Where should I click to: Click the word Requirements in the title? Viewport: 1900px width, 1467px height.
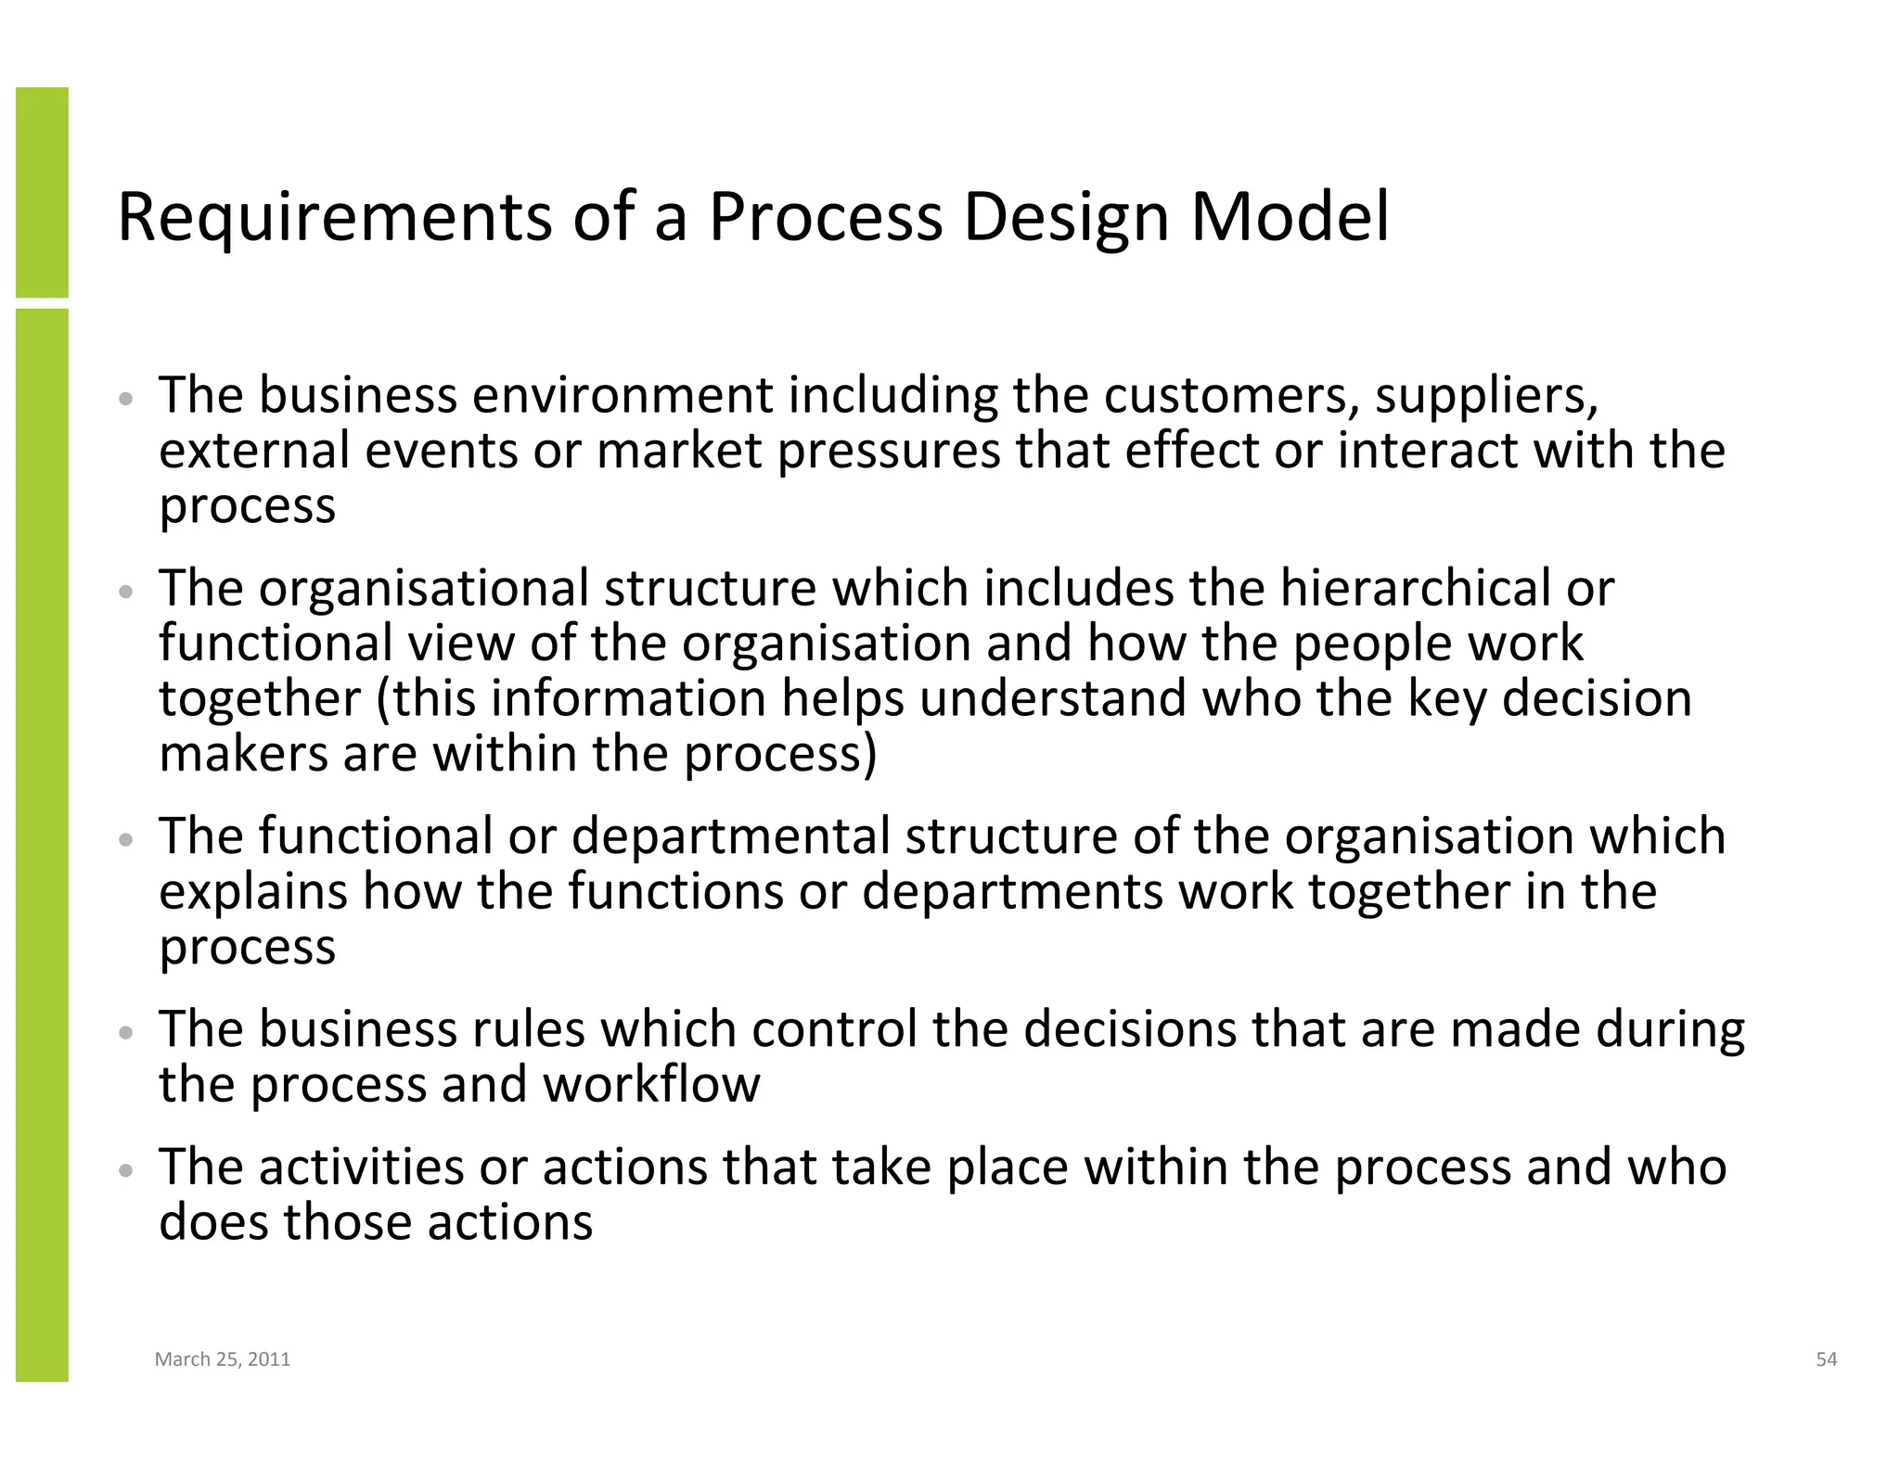coord(334,218)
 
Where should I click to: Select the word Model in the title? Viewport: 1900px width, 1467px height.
coord(1290,218)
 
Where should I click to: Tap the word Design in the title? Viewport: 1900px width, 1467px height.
coord(1065,218)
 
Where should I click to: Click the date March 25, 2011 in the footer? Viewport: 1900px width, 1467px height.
coord(223,1359)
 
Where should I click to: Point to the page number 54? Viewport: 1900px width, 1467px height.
coord(1826,1359)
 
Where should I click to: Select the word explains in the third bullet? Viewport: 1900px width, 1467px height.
coord(252,892)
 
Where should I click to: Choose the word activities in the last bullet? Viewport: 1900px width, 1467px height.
coord(361,1167)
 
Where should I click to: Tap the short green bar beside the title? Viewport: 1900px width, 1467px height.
coord(42,192)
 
